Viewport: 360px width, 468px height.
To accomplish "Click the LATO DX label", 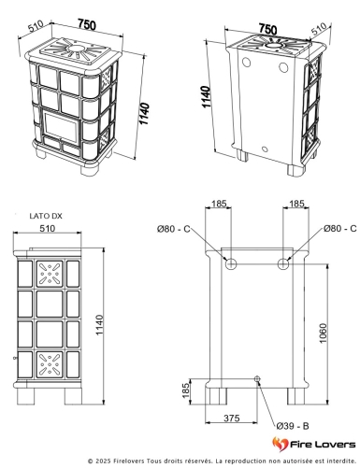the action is point(46,216).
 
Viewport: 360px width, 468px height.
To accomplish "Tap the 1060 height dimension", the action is point(323,333).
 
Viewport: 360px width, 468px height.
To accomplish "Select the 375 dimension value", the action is point(231,418).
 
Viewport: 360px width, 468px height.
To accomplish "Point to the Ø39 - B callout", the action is point(293,426).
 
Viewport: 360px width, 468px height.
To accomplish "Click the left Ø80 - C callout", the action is point(173,229).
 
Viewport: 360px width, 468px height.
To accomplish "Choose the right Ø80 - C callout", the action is point(339,229).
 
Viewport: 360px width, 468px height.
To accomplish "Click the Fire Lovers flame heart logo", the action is point(280,444).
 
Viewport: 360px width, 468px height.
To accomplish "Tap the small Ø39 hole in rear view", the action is point(257,379).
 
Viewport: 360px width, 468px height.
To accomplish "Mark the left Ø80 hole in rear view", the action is point(231,264).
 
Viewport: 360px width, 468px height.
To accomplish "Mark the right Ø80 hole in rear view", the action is point(283,264).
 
